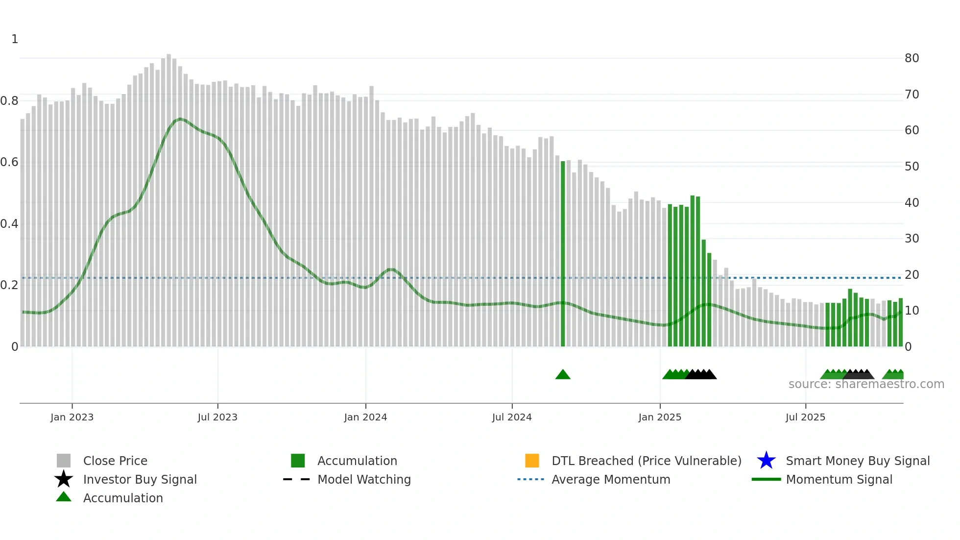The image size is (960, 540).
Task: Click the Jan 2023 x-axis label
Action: (72, 417)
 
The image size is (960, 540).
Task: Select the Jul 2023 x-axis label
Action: (217, 417)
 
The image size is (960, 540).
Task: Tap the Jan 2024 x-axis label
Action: (365, 417)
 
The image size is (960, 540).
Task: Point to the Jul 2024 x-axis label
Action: (512, 417)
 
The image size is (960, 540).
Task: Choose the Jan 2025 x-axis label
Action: (660, 417)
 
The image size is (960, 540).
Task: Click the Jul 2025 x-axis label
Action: (805, 417)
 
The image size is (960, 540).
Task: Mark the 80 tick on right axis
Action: (912, 58)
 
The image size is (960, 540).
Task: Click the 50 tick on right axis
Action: (912, 167)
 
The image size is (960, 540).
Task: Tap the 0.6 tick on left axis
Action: (9, 162)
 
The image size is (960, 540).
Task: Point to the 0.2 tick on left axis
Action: (9, 285)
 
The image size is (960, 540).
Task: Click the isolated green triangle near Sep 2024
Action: (563, 375)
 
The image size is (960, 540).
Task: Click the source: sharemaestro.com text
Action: (866, 384)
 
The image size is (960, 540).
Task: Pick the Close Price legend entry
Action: (115, 461)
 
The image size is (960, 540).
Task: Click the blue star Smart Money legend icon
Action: (766, 461)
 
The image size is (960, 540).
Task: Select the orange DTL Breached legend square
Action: (532, 461)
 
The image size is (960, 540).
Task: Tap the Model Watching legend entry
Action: (364, 479)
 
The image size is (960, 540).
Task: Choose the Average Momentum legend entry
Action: (611, 479)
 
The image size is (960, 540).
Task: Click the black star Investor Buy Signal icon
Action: (64, 479)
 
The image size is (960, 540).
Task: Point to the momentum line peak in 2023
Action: (180, 119)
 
